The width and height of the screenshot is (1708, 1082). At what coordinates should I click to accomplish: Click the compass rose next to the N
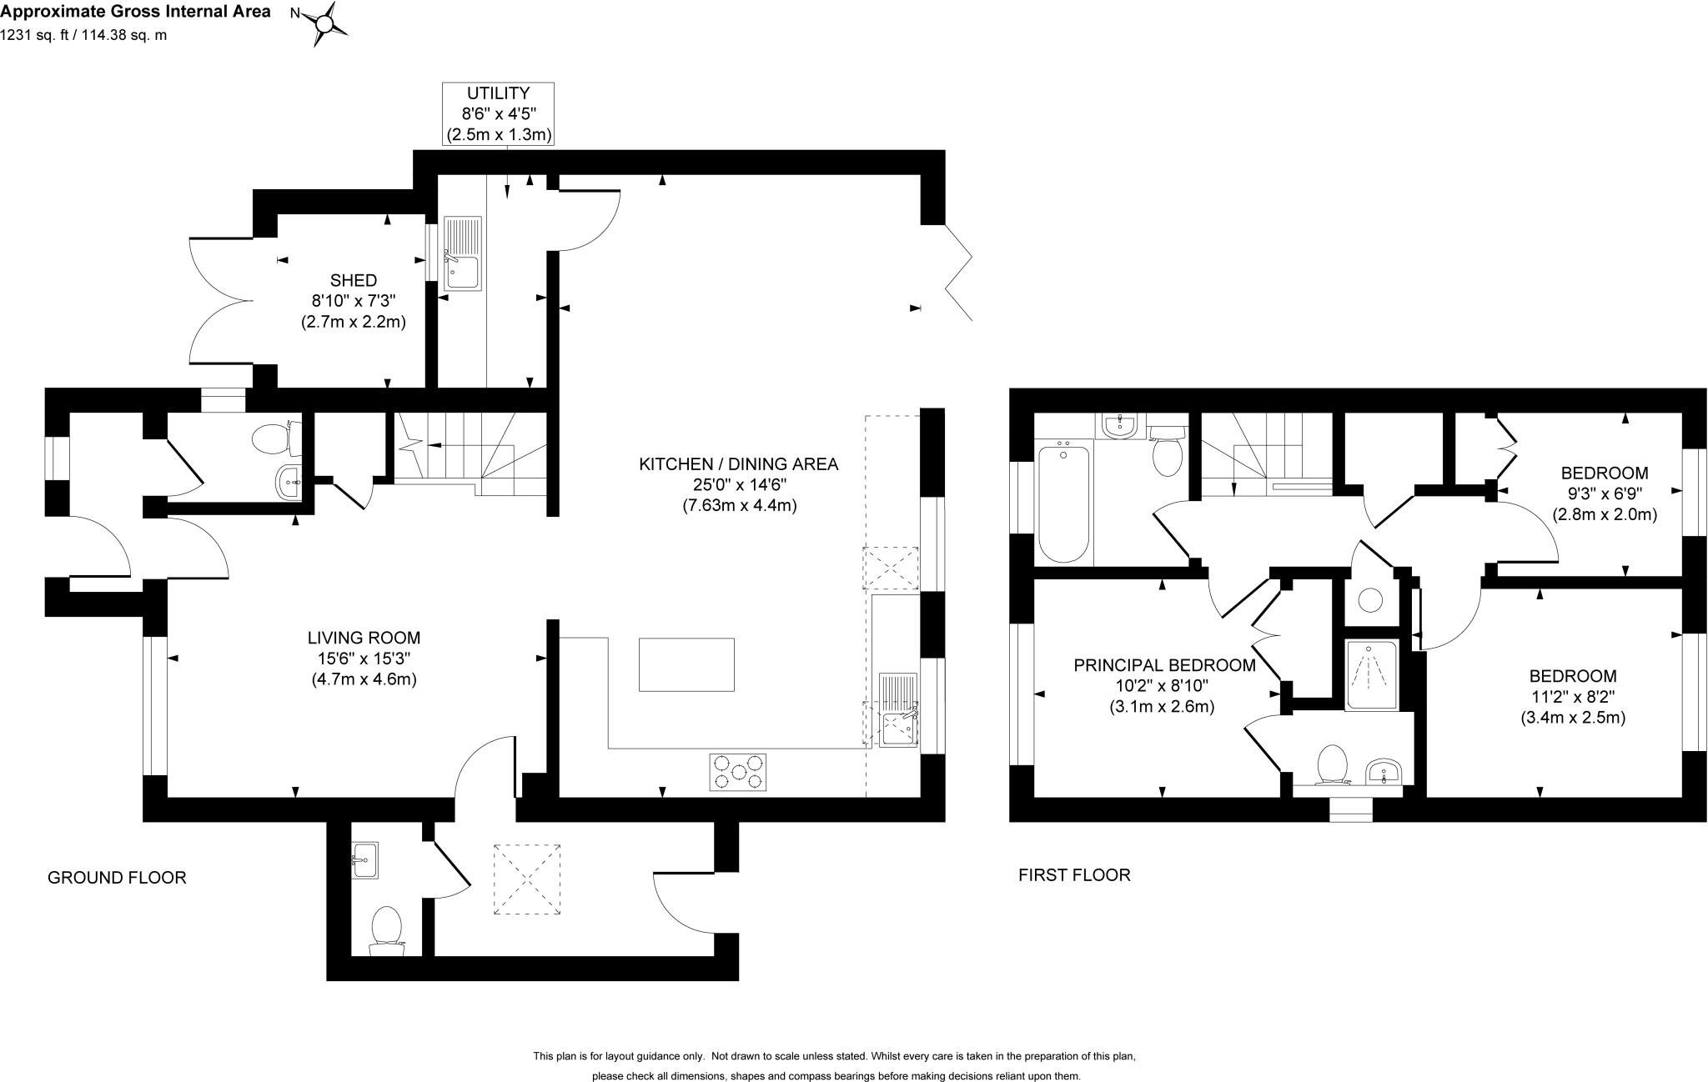click(x=323, y=23)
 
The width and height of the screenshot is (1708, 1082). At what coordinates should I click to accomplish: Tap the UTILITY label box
click(x=499, y=113)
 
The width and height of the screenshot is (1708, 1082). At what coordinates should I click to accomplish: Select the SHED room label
click(x=353, y=280)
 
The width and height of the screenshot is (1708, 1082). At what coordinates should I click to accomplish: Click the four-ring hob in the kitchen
click(x=737, y=771)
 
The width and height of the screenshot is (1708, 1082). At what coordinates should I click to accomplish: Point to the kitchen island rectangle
click(x=686, y=664)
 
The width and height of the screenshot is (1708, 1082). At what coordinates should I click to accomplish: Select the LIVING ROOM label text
click(x=363, y=638)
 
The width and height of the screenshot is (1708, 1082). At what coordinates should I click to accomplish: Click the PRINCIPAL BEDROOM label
click(x=1163, y=665)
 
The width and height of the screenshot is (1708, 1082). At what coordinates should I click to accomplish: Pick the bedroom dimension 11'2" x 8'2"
click(x=1572, y=697)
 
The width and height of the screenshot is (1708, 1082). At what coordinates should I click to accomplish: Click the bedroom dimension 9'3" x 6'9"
click(x=1604, y=494)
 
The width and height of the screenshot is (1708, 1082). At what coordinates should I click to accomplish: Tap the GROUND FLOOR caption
click(x=117, y=877)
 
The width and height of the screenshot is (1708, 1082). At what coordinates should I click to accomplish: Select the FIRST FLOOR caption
click(x=1074, y=874)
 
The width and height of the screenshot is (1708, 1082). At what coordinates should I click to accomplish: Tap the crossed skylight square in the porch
click(x=526, y=879)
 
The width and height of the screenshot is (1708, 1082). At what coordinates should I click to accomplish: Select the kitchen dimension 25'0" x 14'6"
click(x=737, y=484)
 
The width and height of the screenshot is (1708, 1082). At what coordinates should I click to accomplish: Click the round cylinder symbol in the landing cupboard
click(x=1369, y=599)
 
